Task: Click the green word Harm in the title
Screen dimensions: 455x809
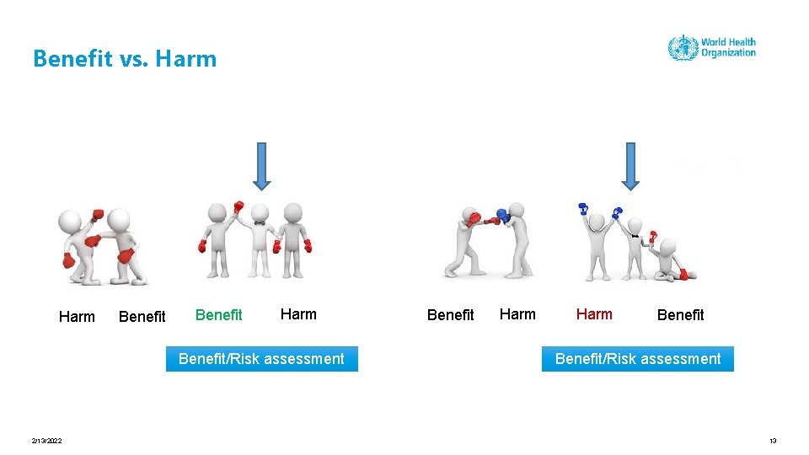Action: (186, 59)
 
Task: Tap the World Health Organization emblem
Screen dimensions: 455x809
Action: (683, 47)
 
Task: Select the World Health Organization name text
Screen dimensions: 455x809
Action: (728, 47)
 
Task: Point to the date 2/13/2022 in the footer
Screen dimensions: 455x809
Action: (46, 441)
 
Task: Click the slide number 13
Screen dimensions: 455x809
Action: (772, 441)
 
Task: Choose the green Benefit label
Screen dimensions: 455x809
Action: (218, 315)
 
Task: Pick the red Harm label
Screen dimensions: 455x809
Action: (594, 314)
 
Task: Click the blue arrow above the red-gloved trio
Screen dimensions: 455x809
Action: (261, 165)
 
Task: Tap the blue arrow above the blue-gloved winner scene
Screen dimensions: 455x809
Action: (630, 165)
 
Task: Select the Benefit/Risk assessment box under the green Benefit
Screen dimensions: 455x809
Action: (261, 359)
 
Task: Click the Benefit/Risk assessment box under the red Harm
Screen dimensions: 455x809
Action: (638, 359)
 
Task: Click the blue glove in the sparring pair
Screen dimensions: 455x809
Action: (503, 216)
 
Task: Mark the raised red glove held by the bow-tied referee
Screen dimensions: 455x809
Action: (238, 206)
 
